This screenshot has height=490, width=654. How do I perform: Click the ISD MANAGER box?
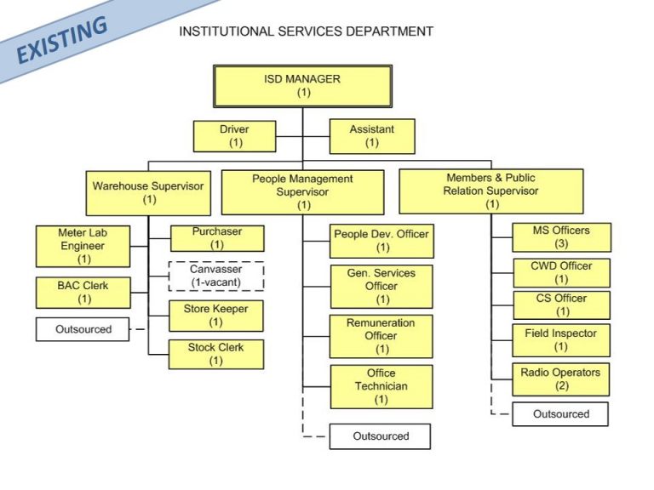click(x=302, y=86)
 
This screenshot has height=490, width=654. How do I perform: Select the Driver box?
click(x=235, y=136)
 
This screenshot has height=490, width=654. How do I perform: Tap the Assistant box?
click(x=372, y=136)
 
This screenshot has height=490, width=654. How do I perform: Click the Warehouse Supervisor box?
click(x=149, y=192)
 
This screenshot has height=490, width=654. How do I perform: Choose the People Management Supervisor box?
click(x=304, y=192)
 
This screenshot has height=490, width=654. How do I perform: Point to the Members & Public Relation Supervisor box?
click(x=491, y=191)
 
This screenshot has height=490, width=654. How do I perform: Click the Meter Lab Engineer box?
click(x=83, y=246)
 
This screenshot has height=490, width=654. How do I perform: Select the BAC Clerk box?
click(x=83, y=293)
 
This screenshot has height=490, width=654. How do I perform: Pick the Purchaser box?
click(x=216, y=238)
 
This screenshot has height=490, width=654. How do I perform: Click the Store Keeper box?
click(x=215, y=316)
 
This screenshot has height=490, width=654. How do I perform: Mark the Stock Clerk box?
click(x=215, y=354)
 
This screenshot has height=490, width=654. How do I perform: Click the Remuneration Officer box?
click(x=381, y=336)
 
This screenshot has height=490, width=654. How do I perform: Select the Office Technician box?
click(x=381, y=386)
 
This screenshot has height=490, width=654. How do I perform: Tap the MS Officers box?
click(x=560, y=237)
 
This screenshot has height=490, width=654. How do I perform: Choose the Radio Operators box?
click(x=560, y=379)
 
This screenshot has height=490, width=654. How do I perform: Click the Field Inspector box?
click(x=560, y=340)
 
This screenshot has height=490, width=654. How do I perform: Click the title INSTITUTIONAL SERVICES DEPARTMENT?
click(x=306, y=31)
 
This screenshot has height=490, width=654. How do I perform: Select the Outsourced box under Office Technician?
click(x=381, y=436)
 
